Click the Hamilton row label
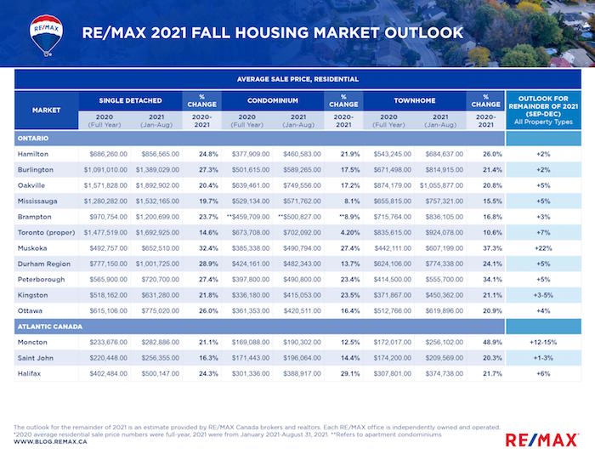tap(31, 154)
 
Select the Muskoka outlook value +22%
tap(543, 247)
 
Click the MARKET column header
tap(46, 111)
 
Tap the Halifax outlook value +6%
tap(543, 373)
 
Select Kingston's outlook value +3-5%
tap(543, 294)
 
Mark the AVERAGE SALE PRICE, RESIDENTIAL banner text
tap(297, 78)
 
